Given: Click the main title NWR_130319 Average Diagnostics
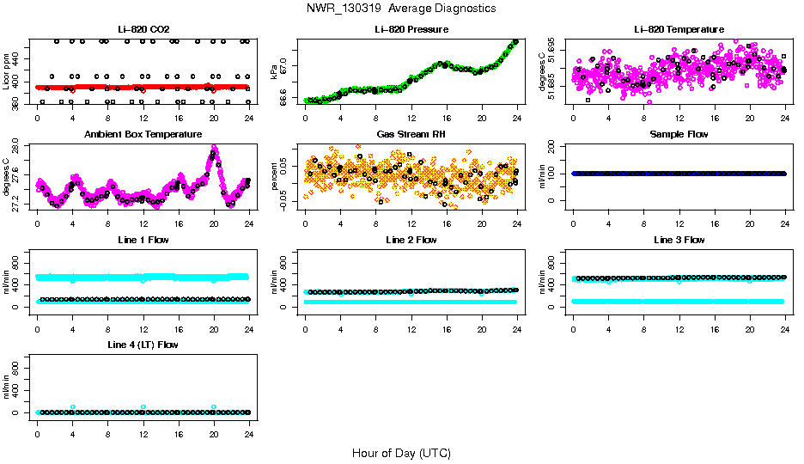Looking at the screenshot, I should tap(401, 9).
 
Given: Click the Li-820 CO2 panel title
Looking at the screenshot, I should tap(143, 30).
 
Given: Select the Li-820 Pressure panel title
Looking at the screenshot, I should tap(411, 30).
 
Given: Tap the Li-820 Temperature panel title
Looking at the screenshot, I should tap(679, 30).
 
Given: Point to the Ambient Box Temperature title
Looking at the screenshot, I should tap(143, 135).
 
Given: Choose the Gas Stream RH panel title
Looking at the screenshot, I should tap(411, 135).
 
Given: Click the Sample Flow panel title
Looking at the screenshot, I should tap(679, 135).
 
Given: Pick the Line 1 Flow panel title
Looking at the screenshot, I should tap(143, 240).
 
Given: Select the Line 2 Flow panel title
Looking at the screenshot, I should tap(411, 240).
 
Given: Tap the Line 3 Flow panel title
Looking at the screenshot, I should tap(679, 240).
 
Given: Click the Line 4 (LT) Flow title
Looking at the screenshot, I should tap(143, 345).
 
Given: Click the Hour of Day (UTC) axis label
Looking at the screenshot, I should tap(401, 453).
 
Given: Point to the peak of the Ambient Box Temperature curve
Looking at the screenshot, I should tap(214, 149).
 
